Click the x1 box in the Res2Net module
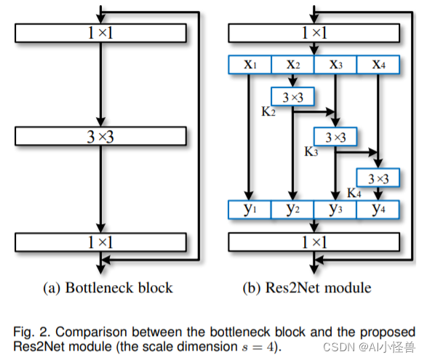click(250, 65)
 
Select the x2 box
click(292, 65)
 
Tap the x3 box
click(335, 65)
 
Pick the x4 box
click(378, 65)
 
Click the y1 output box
click(250, 209)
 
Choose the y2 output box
click(292, 209)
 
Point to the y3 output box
click(335, 209)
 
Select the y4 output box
click(378, 209)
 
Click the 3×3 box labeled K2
click(292, 96)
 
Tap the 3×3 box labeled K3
click(335, 136)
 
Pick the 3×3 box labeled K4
click(378, 177)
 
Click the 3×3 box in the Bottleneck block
click(100, 136)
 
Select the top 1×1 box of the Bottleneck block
click(100, 33)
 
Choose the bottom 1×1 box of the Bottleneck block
click(100, 241)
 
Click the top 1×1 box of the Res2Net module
click(314, 33)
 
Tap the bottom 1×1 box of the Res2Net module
click(314, 241)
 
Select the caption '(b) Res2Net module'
click(307, 287)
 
